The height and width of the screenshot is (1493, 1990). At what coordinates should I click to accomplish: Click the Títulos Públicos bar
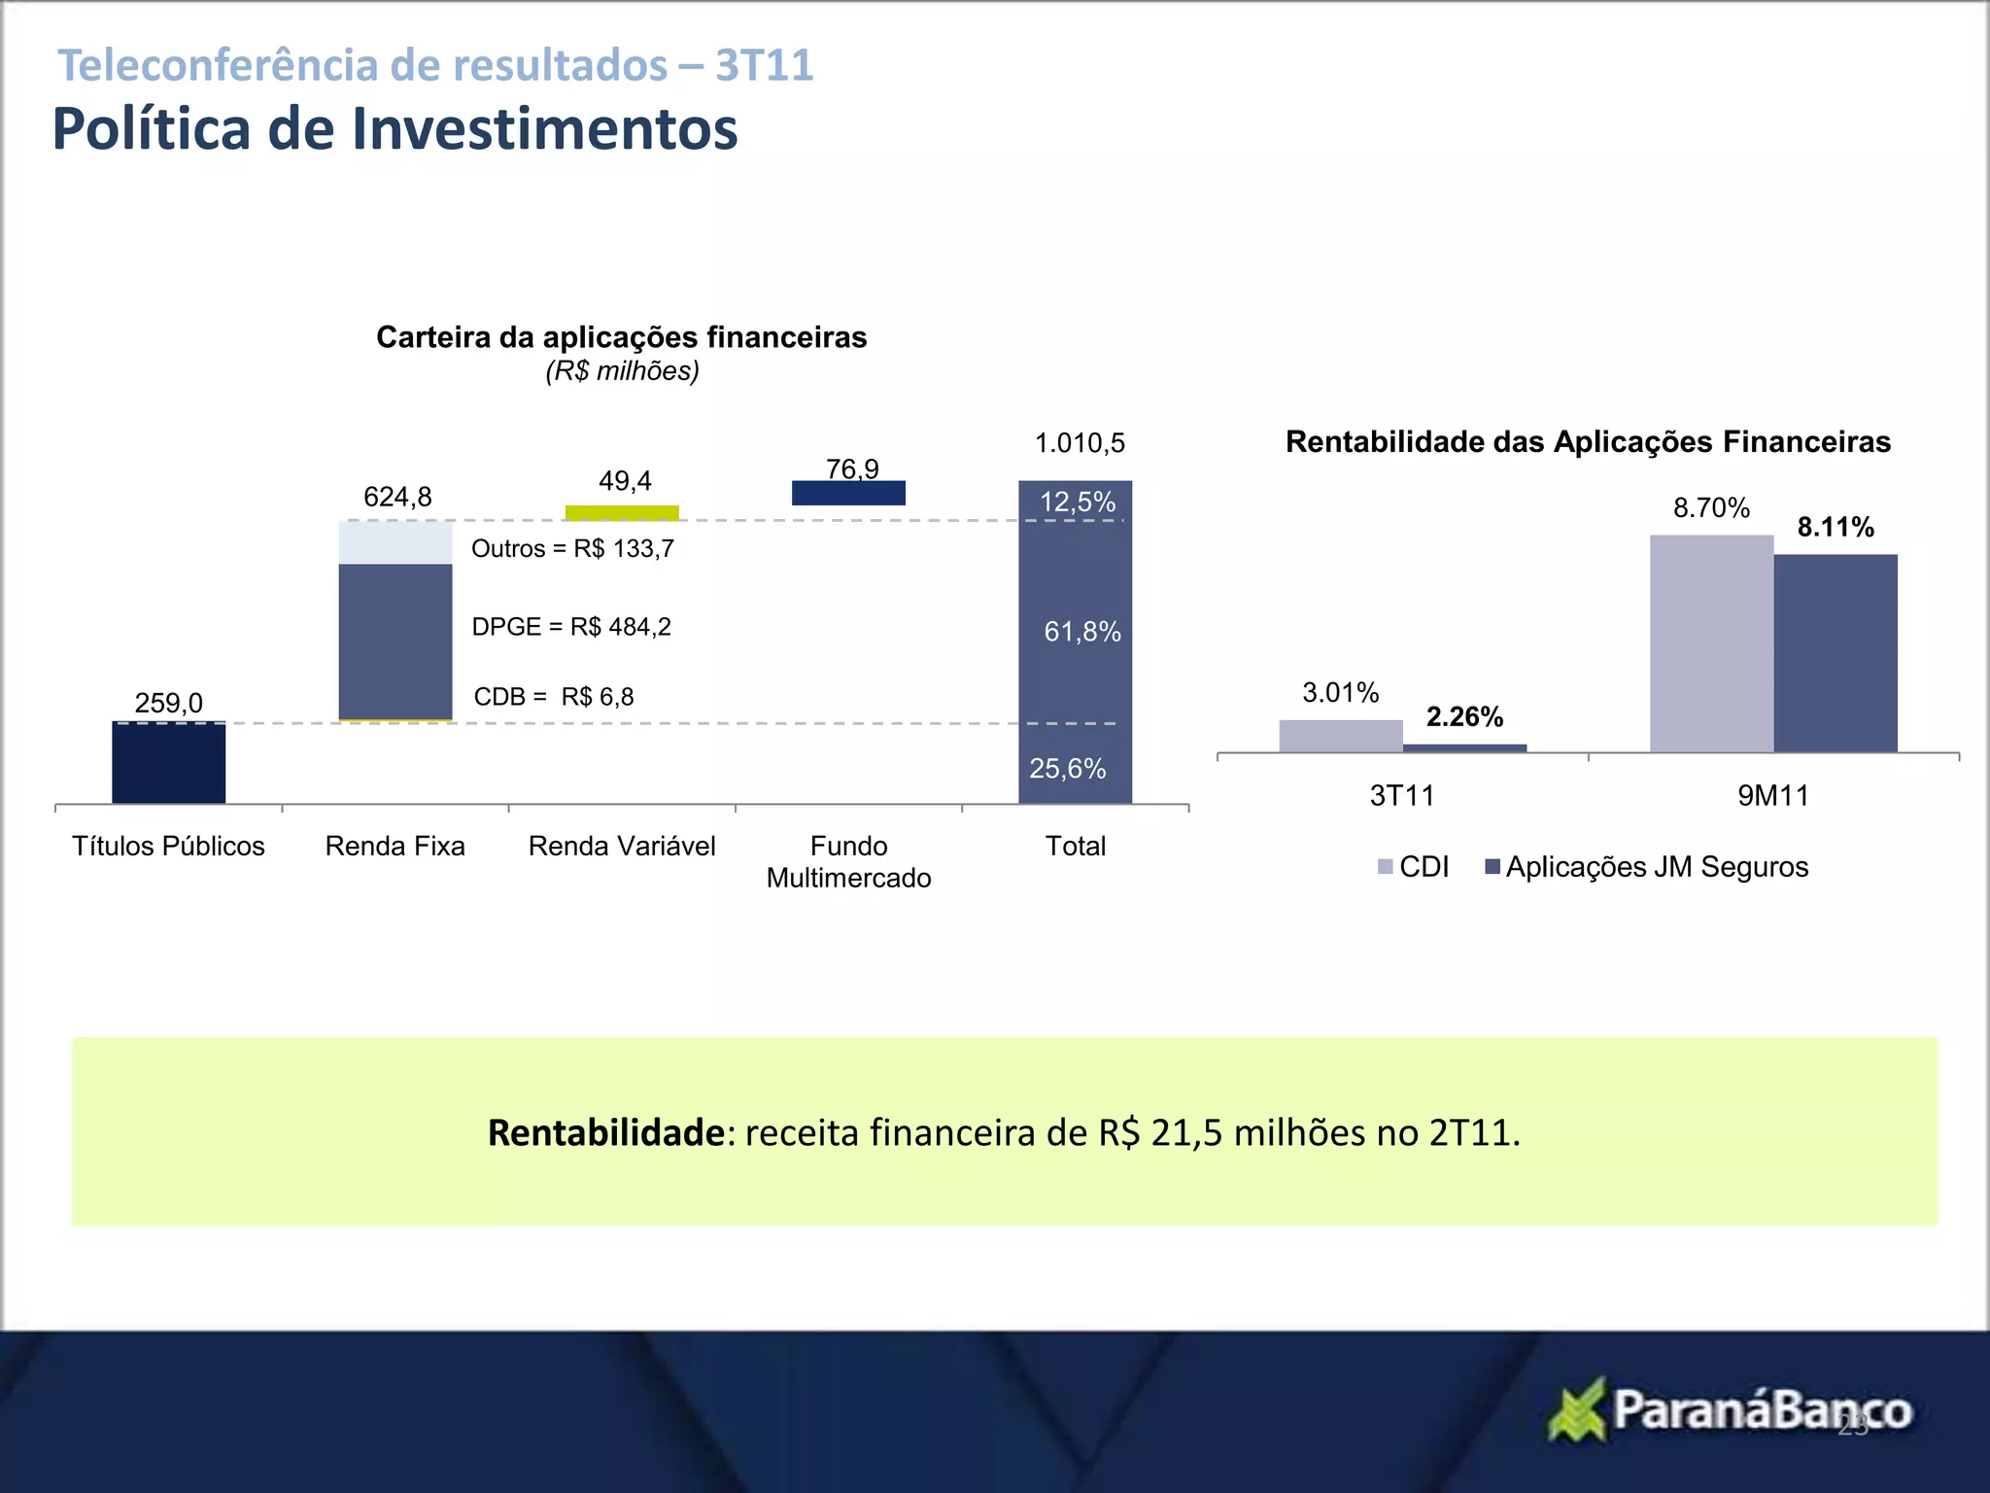pyautogui.click(x=168, y=763)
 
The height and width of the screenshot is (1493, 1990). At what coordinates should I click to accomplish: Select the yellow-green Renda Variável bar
pyautogui.click(x=622, y=513)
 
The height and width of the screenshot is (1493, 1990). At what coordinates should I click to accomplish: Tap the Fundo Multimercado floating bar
pyautogui.click(x=848, y=494)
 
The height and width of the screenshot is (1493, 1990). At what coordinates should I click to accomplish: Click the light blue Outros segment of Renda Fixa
pyautogui.click(x=395, y=542)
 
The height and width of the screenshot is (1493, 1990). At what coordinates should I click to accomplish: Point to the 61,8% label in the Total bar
pyautogui.click(x=1081, y=632)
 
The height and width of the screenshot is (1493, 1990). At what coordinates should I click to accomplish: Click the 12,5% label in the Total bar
pyautogui.click(x=1077, y=502)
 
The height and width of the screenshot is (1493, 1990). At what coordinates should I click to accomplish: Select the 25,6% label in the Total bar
pyautogui.click(x=1067, y=769)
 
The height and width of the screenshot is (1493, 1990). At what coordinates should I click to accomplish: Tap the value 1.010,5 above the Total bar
pyautogui.click(x=1080, y=443)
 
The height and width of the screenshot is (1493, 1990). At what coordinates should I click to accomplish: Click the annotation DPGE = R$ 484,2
pyautogui.click(x=571, y=627)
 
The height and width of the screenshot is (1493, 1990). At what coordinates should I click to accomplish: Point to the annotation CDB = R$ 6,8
pyautogui.click(x=554, y=697)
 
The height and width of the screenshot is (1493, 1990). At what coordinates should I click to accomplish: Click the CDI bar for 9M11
pyautogui.click(x=1711, y=643)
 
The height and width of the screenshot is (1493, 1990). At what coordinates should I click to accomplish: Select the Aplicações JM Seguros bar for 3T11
pyautogui.click(x=1464, y=747)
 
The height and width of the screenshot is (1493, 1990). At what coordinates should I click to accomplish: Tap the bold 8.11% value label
pyautogui.click(x=1835, y=527)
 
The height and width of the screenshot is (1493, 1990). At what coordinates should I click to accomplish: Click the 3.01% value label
pyautogui.click(x=1340, y=693)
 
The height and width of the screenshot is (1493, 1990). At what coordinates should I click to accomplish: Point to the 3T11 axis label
pyautogui.click(x=1402, y=796)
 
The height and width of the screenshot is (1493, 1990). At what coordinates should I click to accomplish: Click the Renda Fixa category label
pyautogui.click(x=395, y=846)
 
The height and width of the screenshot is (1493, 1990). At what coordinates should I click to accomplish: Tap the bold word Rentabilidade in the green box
pyautogui.click(x=605, y=1133)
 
